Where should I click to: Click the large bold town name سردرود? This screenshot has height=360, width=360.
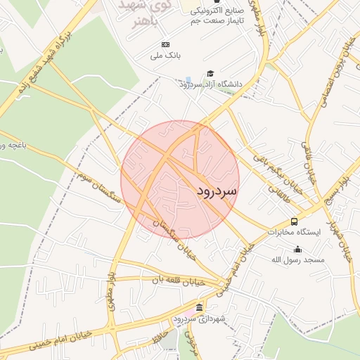[x=217, y=191]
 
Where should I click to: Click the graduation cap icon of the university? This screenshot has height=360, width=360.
[x=210, y=74]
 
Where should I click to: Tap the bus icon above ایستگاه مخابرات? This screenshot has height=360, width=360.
[x=294, y=221]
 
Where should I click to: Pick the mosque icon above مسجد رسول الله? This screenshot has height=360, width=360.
[x=298, y=249]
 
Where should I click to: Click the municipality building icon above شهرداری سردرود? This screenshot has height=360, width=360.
[x=200, y=308]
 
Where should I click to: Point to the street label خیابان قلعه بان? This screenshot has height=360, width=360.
[x=179, y=281]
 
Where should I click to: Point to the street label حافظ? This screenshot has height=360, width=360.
[x=166, y=342]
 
